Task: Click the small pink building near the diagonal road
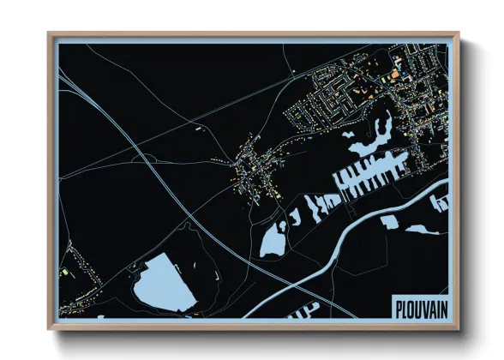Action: click(200, 128)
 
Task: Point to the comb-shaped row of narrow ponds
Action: click(365, 177)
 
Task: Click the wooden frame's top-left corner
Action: click(50, 35)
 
